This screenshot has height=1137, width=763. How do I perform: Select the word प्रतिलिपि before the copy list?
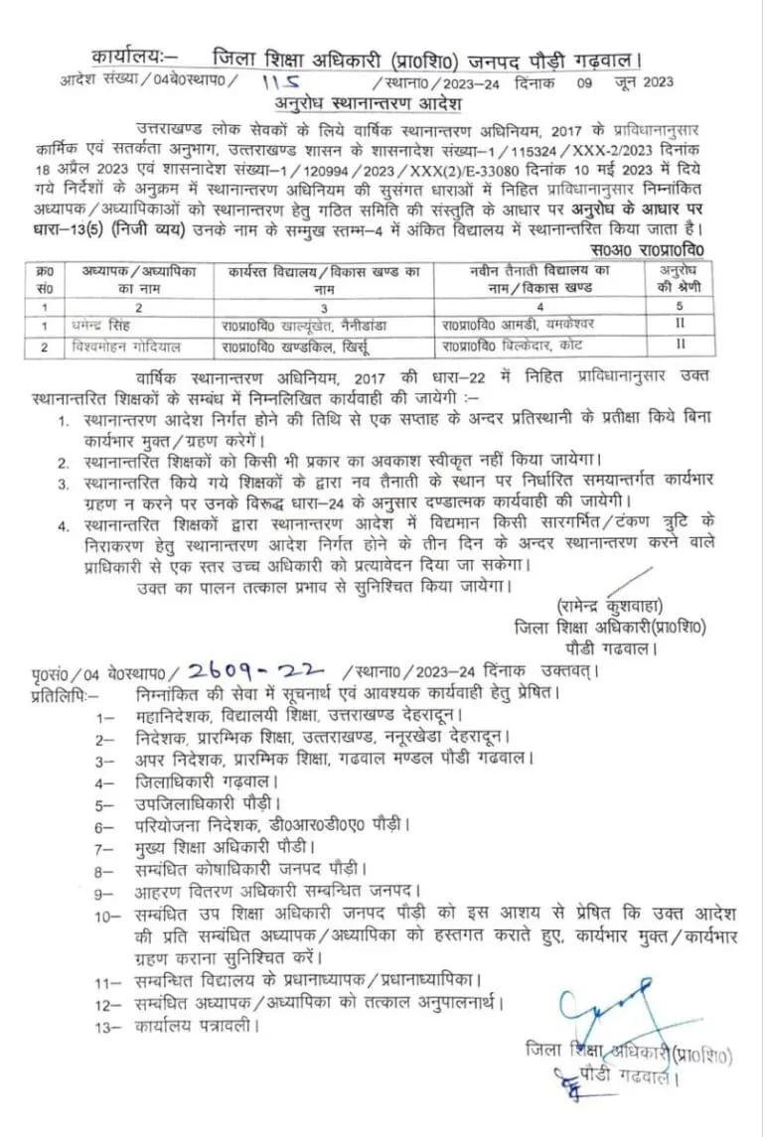click(x=65, y=693)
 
